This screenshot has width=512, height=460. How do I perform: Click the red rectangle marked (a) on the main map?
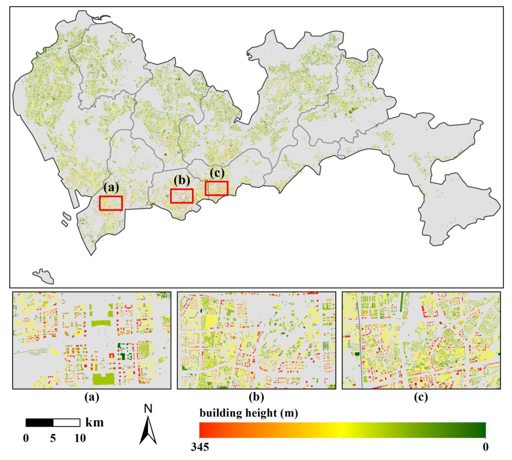pos(111,203)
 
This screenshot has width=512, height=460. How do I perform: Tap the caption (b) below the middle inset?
pos(256,397)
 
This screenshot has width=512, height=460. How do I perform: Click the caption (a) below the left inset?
pos(92,397)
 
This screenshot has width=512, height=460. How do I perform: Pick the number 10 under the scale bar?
pos(80,438)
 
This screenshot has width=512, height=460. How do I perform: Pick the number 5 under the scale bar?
pos(53,438)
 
